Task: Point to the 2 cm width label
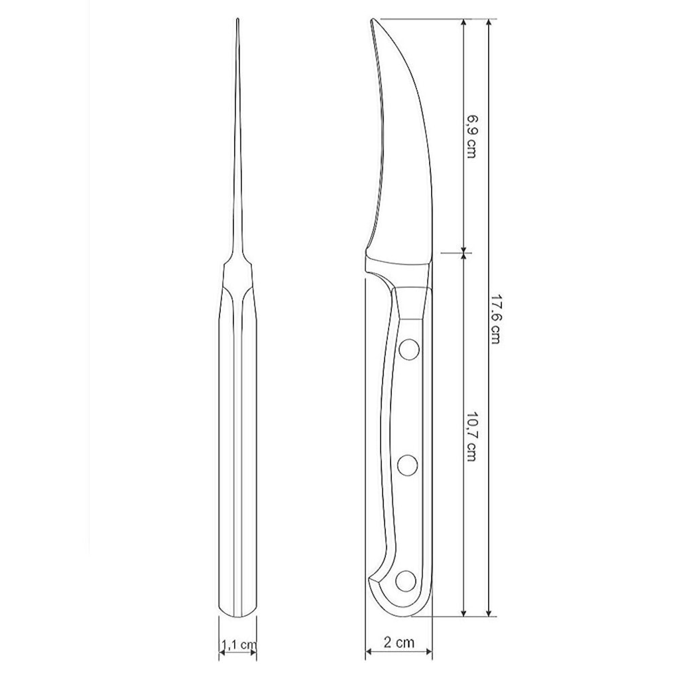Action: (x=399, y=641)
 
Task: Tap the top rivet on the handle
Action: (x=408, y=350)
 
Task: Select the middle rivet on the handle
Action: (x=408, y=465)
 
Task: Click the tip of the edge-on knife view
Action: (x=238, y=20)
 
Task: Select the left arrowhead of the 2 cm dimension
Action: (x=369, y=652)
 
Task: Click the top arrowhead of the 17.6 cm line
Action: (x=489, y=22)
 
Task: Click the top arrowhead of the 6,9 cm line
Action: (x=464, y=22)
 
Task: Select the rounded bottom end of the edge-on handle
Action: (x=238, y=615)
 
